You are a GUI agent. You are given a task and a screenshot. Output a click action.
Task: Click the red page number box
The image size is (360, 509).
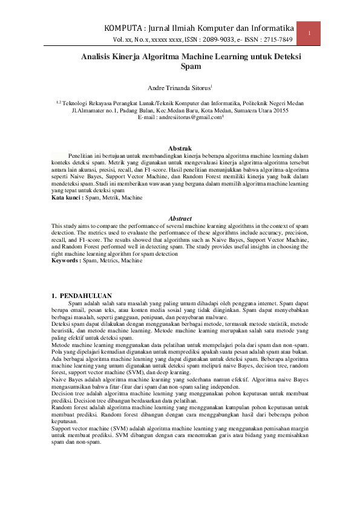tap(309, 33)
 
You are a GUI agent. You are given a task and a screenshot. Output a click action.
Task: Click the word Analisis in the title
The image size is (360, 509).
tap(98, 57)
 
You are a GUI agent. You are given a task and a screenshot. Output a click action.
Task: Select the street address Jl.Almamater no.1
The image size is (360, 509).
tap(99, 111)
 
